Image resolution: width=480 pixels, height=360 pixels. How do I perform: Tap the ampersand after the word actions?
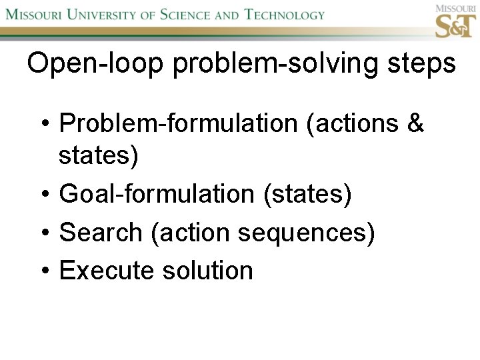415,123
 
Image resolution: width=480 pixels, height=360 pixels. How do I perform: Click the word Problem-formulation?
179,123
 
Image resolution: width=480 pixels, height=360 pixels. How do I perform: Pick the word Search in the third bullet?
101,233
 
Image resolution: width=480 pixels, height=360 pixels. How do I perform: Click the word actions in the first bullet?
353,123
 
